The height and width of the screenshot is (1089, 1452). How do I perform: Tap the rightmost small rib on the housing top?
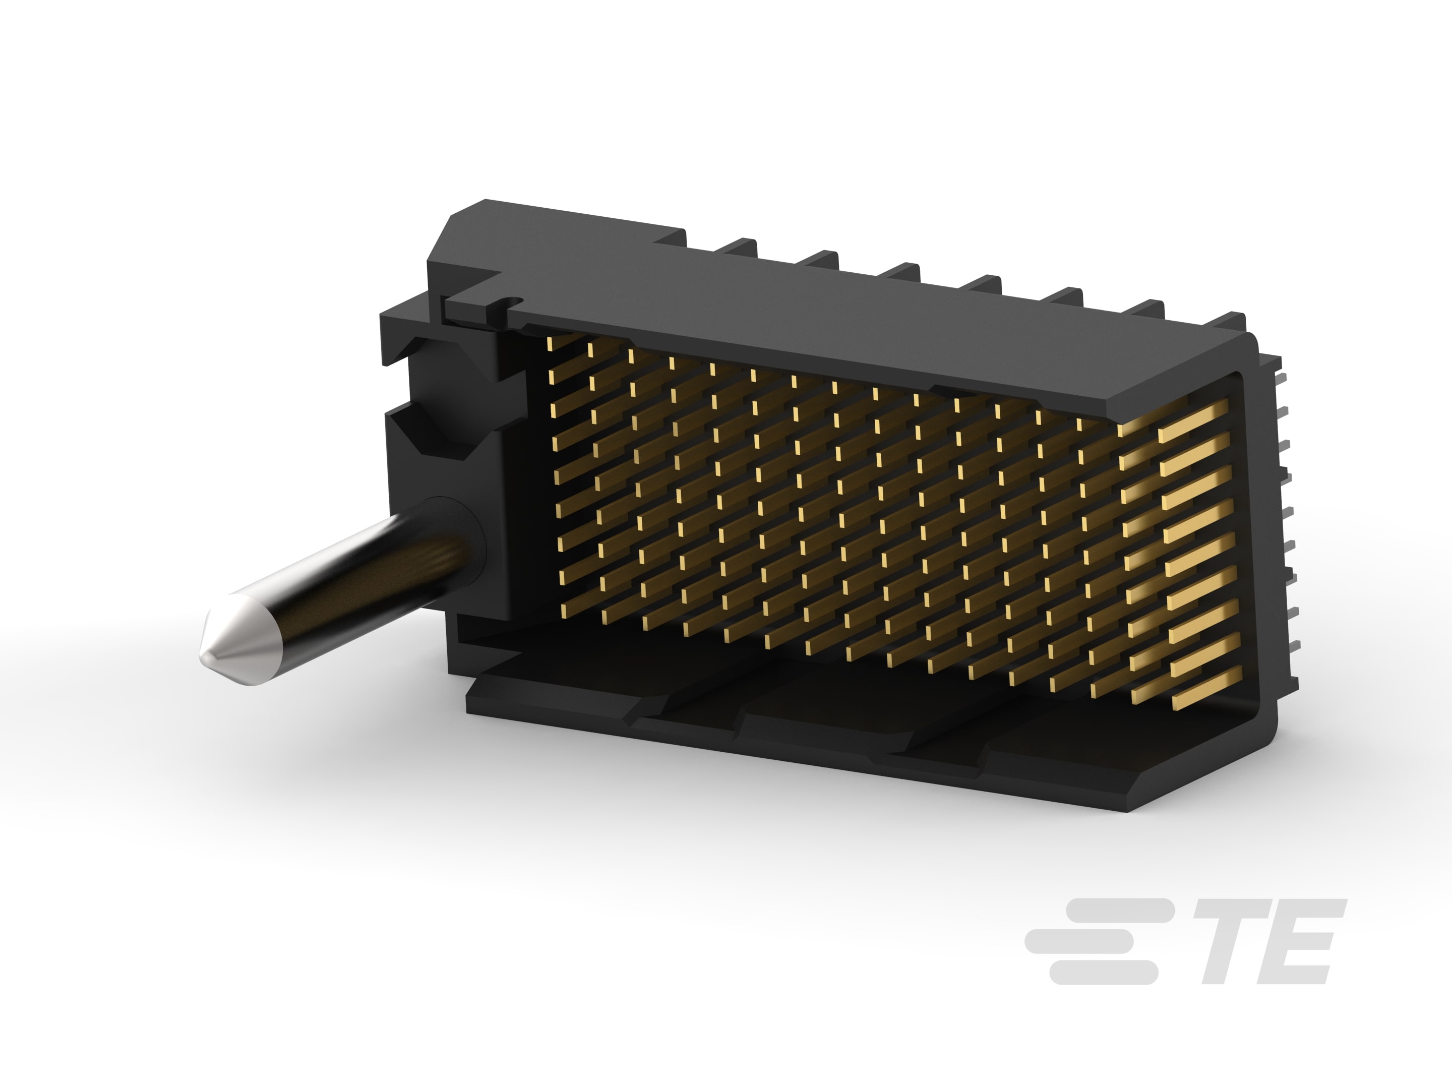[1228, 322]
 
